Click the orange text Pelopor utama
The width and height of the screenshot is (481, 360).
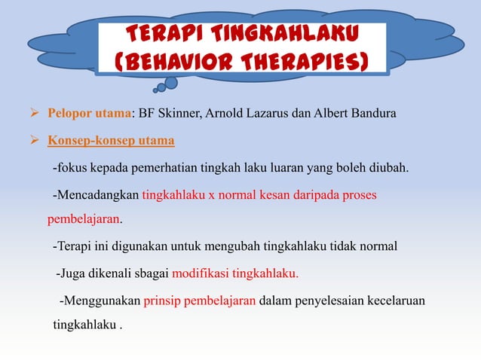(x=90, y=114)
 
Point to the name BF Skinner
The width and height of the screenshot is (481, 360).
(x=170, y=114)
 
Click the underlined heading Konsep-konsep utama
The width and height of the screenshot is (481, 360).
(x=112, y=141)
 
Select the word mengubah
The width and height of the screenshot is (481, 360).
(x=244, y=246)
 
